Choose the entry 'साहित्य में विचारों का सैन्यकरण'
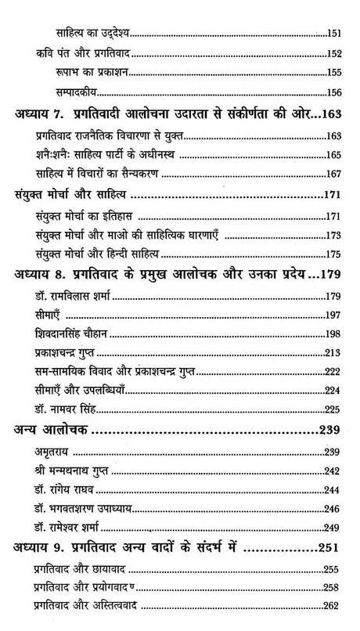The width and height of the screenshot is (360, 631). [x=93, y=174]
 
